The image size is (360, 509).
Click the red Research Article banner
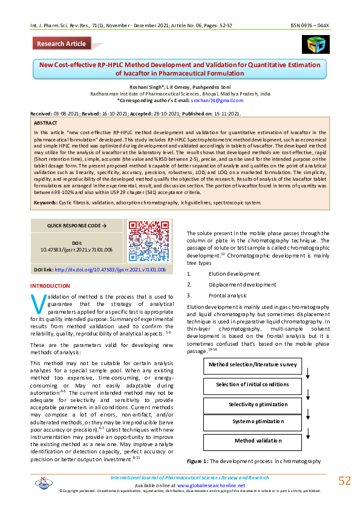point(61,44)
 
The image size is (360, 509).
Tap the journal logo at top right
point(313,45)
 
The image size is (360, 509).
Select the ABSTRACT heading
point(47,122)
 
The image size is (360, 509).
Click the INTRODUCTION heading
point(50,285)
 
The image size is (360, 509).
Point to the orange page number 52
point(344,481)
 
